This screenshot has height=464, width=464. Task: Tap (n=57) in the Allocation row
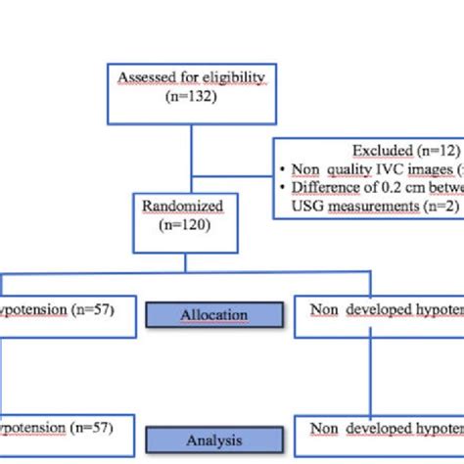[93, 310]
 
